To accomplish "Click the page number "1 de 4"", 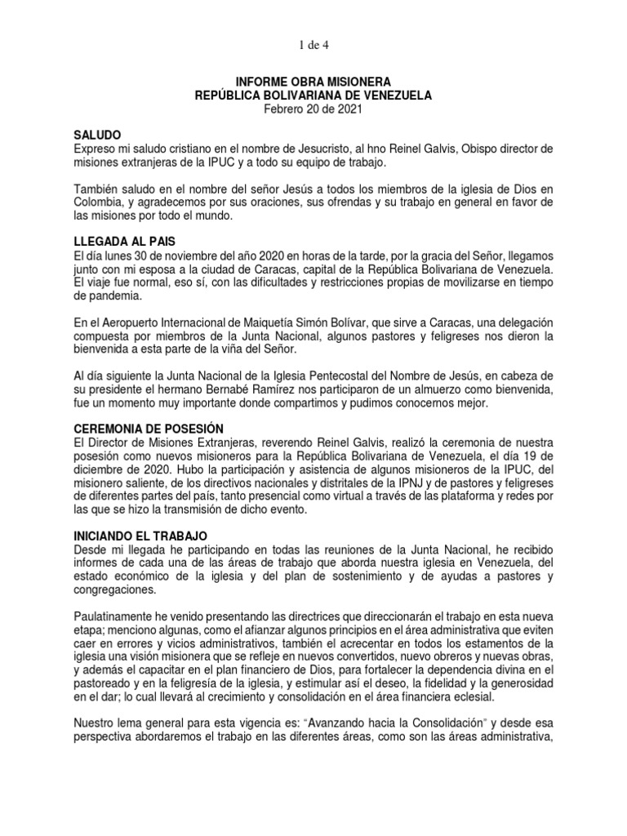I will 313,43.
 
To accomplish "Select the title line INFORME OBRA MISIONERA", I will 313,82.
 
